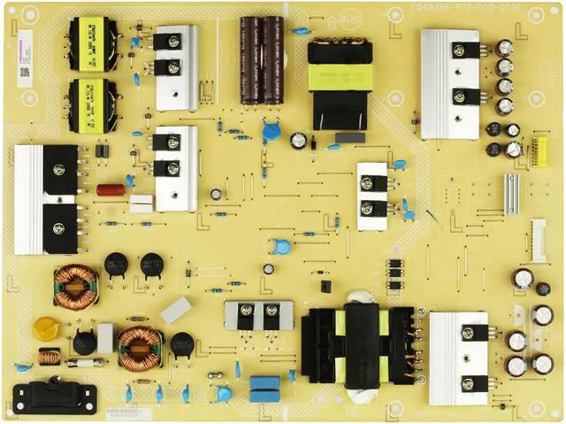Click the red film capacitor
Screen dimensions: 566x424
(x=111, y=189)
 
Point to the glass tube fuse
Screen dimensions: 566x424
(x=84, y=362)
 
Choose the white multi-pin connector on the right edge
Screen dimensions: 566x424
(x=538, y=240)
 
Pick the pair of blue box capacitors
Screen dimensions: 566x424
(x=264, y=384)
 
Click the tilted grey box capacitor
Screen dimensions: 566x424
(x=175, y=310)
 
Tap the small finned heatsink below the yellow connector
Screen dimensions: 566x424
(x=511, y=192)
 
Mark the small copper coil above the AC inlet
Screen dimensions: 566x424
(x=50, y=357)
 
